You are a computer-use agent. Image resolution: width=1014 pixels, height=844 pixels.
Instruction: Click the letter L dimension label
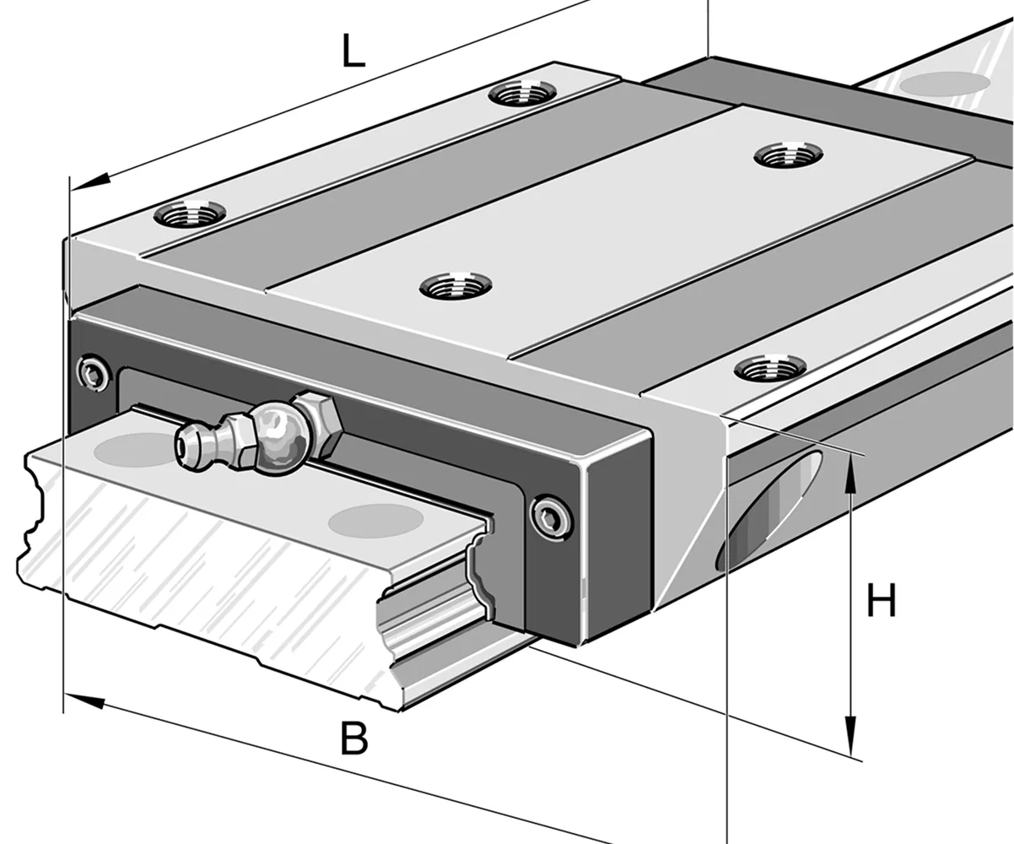(353, 52)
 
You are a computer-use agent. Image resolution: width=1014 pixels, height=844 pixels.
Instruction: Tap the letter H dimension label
(882, 603)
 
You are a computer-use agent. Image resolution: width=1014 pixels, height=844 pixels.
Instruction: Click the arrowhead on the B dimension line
(84, 699)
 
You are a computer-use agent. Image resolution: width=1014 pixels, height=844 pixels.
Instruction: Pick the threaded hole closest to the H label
(769, 367)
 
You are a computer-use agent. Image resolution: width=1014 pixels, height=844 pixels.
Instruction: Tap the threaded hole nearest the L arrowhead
(190, 212)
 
